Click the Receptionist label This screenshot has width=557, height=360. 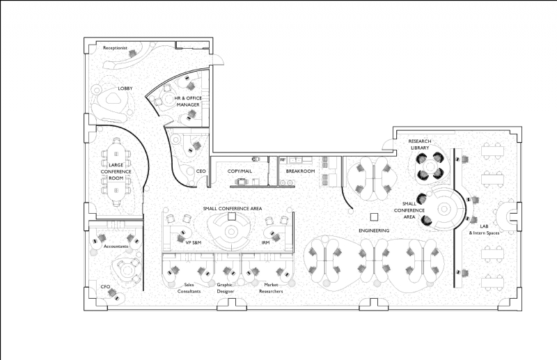[x=115, y=48]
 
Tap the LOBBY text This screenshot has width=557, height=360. [x=125, y=88]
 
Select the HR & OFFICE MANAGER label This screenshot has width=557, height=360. [x=188, y=101]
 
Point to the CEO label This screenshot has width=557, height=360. [x=201, y=171]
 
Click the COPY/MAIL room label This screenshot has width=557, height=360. [x=240, y=171]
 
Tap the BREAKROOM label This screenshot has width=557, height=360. [x=301, y=171]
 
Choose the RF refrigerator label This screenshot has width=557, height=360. [x=283, y=160]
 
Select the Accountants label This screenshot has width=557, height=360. [x=115, y=246]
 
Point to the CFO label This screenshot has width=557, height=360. [x=105, y=286]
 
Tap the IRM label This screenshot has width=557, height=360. [x=265, y=242]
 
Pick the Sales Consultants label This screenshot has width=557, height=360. [x=189, y=288]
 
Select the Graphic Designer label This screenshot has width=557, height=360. [x=225, y=288]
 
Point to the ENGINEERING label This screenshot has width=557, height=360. [x=374, y=230]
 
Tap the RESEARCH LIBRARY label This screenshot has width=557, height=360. [x=420, y=144]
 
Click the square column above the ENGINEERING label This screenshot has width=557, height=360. [x=374, y=217]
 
